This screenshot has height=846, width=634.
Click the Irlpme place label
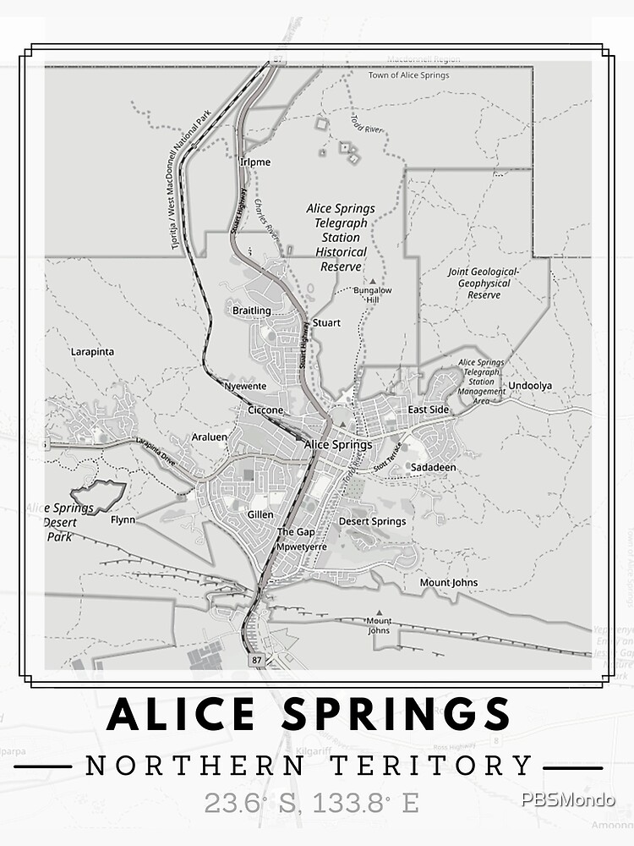click(255, 162)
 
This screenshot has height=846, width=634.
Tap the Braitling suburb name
click(252, 310)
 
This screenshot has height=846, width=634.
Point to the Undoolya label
click(530, 386)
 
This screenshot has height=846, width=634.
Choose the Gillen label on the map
click(260, 514)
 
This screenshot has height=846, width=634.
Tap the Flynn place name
click(123, 520)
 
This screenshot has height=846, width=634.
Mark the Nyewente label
click(245, 386)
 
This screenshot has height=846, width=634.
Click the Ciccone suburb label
click(265, 410)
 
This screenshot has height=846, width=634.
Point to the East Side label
click(429, 409)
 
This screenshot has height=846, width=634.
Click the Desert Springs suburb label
click(372, 521)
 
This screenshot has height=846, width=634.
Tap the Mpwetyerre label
click(302, 547)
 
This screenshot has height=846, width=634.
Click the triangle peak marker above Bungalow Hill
click(372, 280)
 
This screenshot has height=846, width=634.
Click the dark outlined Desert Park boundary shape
click(98, 497)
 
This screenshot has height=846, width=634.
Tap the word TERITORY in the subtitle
click(450, 766)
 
